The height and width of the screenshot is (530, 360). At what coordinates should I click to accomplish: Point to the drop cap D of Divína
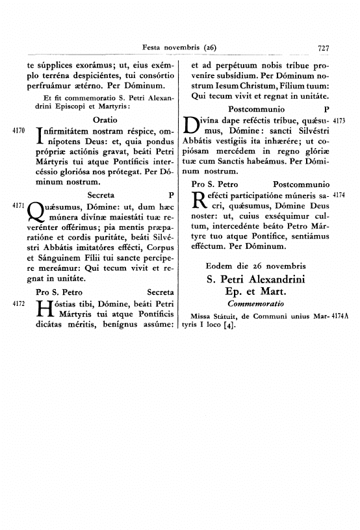(x=194, y=125)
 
